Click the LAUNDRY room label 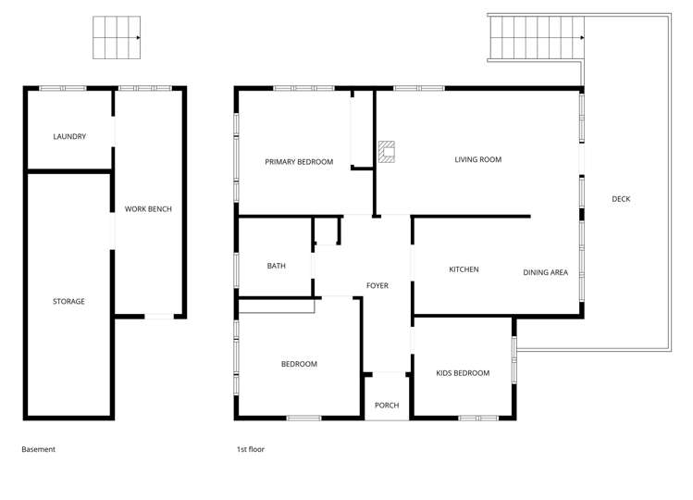[69, 137]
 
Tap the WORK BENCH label [148, 209]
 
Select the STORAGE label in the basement [68, 302]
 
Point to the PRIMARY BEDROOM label [299, 162]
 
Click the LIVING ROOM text [477, 160]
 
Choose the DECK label [621, 199]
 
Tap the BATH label [276, 267]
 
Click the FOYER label [377, 286]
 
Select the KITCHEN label [464, 269]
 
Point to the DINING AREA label [545, 273]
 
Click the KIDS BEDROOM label [463, 373]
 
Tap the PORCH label [387, 406]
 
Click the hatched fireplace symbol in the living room [387, 152]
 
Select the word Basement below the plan [39, 450]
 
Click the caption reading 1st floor [250, 450]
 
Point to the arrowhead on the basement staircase [138, 38]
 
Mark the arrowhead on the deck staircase [582, 38]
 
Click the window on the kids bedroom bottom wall [477, 418]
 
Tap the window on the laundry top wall [62, 88]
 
